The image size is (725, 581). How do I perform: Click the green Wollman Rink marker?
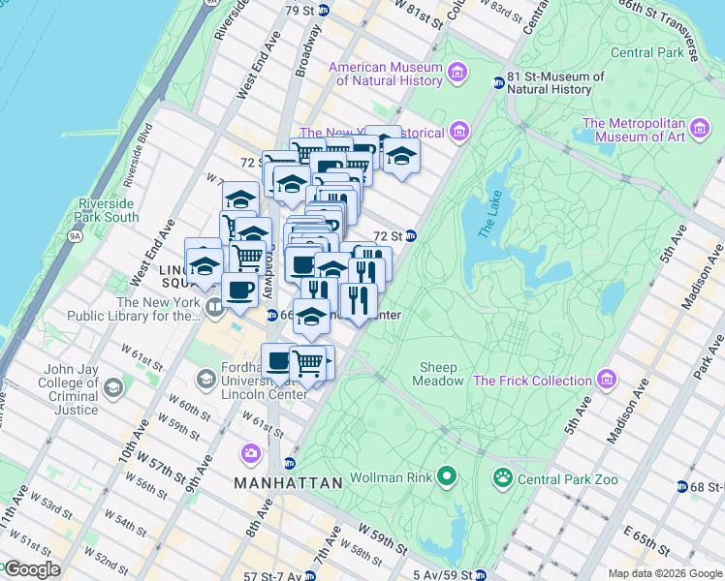tap(446, 475)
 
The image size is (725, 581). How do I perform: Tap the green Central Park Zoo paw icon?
tap(502, 476)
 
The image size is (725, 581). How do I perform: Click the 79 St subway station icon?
tap(325, 11)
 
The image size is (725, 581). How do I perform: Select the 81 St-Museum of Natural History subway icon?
tap(498, 83)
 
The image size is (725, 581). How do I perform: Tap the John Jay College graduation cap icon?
tap(113, 388)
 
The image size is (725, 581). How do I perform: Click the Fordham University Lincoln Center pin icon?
tap(205, 378)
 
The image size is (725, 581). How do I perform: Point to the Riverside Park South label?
tap(108, 210)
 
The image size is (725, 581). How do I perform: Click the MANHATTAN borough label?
tap(289, 482)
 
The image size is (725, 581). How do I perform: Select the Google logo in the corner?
tap(32, 569)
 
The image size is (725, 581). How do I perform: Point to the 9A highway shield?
tap(75, 232)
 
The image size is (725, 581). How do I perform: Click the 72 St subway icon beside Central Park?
tap(411, 235)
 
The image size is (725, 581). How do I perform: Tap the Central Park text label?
tap(646, 52)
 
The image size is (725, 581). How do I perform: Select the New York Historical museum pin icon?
tap(458, 131)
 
